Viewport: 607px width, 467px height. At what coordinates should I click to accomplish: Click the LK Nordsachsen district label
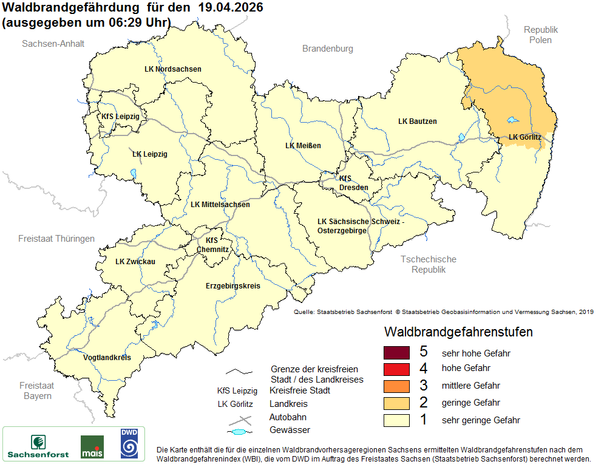click(172, 69)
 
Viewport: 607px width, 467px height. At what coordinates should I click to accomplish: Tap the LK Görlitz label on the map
click(524, 137)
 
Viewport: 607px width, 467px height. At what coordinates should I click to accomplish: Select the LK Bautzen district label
click(417, 121)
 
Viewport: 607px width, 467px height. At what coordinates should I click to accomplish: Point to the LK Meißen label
click(303, 146)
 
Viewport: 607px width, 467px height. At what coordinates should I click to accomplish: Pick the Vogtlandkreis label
click(107, 358)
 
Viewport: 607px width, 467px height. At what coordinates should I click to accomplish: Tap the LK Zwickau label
click(135, 262)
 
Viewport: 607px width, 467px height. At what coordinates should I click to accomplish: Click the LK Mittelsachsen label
click(220, 205)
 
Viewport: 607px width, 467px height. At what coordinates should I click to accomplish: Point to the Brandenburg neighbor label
click(327, 49)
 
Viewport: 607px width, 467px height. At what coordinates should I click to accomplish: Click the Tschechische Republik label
click(428, 264)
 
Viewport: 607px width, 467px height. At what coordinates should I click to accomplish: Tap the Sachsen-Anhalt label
click(53, 44)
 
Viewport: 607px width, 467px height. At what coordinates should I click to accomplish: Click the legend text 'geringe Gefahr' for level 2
click(470, 403)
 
